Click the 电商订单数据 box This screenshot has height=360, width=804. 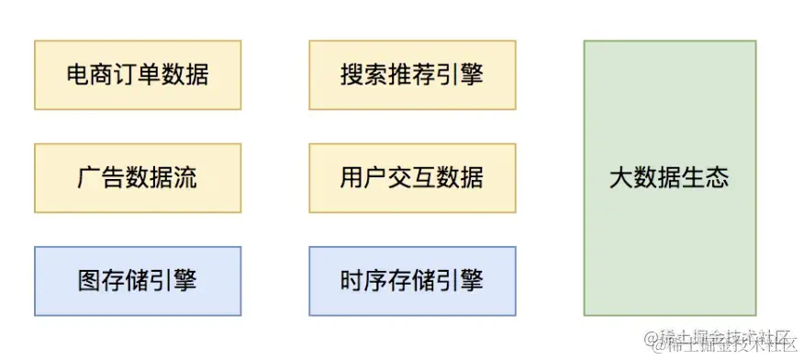tap(137, 74)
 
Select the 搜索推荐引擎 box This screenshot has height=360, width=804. tap(411, 74)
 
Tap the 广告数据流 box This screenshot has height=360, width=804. tap(137, 177)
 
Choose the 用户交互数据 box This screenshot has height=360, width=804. tap(411, 177)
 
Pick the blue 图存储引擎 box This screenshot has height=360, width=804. tap(137, 280)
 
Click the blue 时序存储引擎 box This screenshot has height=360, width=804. tap(411, 280)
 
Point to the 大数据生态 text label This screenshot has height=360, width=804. tap(669, 177)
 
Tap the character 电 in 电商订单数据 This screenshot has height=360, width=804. tap(78, 74)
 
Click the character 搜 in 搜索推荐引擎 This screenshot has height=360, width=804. tap(352, 74)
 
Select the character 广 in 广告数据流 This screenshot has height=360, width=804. tap(90, 177)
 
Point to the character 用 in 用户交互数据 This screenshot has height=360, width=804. tap(352, 177)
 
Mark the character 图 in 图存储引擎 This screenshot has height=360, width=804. tap(90, 280)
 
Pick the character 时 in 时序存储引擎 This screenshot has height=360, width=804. tap(352, 280)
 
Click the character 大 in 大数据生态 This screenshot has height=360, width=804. tap(621, 177)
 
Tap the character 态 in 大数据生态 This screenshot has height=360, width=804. tap(717, 177)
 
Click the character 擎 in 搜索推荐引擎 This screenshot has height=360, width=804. tap(471, 74)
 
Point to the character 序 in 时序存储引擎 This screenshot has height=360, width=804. tap(375, 280)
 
